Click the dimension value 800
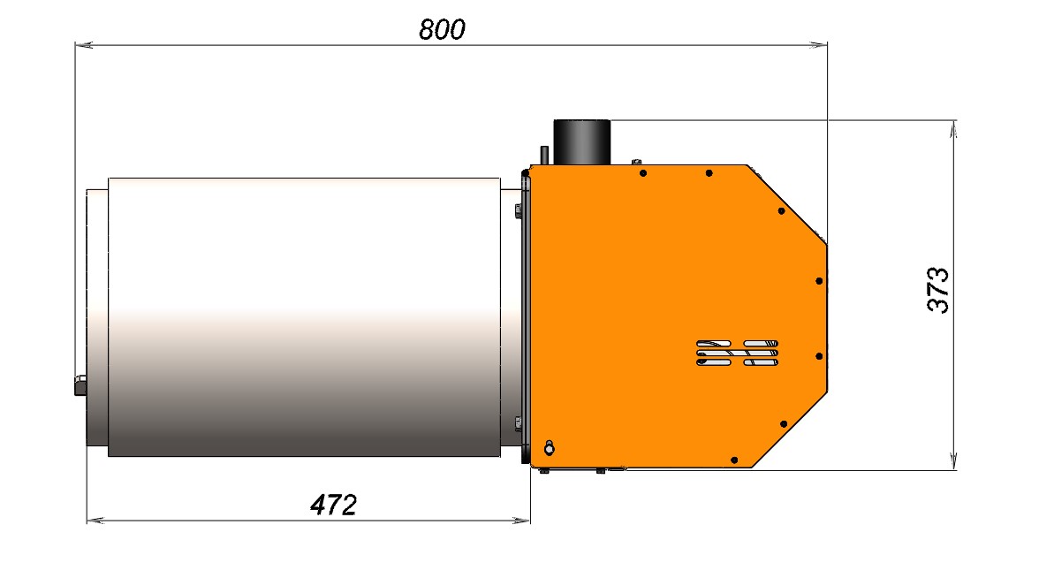click(442, 29)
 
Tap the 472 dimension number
click(333, 506)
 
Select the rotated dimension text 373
click(938, 290)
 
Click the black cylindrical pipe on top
click(581, 141)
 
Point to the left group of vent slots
click(714, 354)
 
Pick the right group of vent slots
click(761, 354)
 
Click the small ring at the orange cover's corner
click(549, 449)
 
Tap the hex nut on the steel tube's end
click(80, 385)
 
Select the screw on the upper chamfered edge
click(781, 210)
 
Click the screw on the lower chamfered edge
click(783, 424)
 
